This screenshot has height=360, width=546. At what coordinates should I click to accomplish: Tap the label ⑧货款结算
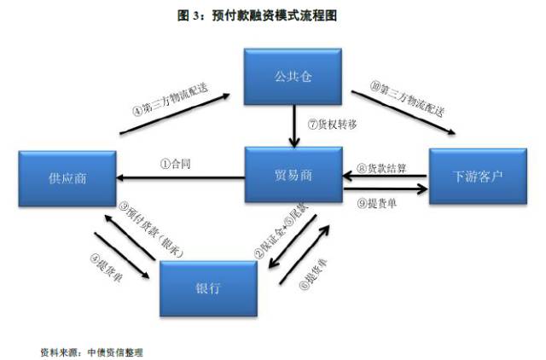[384, 168]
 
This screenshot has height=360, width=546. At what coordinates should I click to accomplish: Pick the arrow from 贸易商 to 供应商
[179, 177]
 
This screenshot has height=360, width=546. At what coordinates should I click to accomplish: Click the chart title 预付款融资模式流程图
[273, 15]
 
